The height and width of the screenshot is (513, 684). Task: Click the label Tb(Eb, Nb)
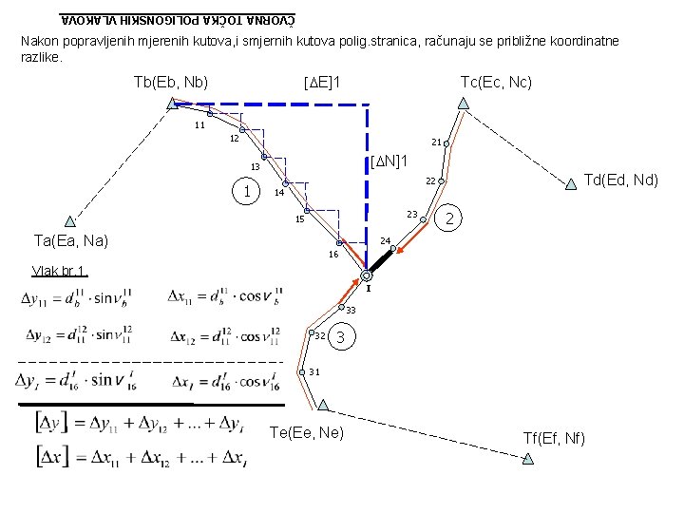[x=171, y=83]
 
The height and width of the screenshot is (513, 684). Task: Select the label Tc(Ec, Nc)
[x=496, y=83]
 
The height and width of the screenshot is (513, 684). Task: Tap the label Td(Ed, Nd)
[x=620, y=179]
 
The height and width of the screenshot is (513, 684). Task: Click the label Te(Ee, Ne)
[x=307, y=434]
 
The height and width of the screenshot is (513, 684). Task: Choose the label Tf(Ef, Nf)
[x=554, y=437]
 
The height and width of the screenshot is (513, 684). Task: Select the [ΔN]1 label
[x=389, y=158]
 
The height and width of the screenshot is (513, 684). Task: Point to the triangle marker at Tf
[x=528, y=458]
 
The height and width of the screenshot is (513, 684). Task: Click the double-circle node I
[x=366, y=275]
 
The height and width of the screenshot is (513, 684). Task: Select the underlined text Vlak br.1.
[x=60, y=269]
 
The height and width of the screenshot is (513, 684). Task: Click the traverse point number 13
[x=255, y=167]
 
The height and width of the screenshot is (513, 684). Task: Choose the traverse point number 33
[x=350, y=311]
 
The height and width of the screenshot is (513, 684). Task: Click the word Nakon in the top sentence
[x=39, y=41]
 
